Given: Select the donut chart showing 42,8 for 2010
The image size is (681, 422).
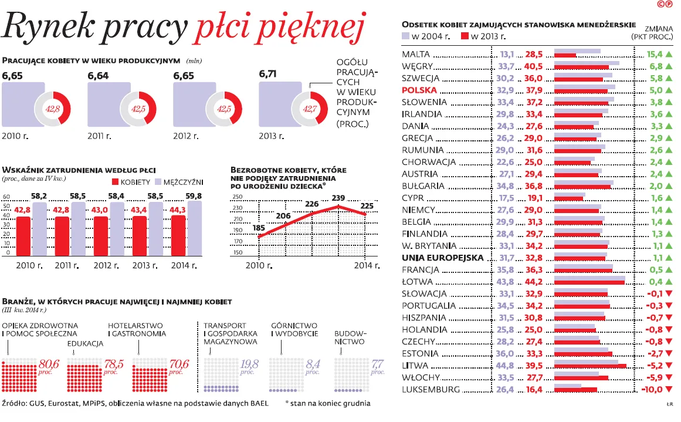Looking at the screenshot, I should (53, 109).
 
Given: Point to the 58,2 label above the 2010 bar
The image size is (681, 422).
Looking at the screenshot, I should (39, 195).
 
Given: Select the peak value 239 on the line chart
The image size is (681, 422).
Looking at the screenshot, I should (338, 198).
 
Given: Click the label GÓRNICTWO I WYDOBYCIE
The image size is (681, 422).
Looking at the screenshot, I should (294, 329).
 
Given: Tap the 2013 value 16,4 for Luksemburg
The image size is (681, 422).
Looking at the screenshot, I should (534, 390).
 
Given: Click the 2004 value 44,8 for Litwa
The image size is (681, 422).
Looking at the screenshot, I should (506, 366).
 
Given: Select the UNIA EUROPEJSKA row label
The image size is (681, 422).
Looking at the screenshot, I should (443, 258).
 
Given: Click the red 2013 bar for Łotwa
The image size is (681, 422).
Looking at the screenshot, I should (589, 283).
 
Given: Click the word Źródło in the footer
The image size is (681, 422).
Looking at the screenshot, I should (15, 404).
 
